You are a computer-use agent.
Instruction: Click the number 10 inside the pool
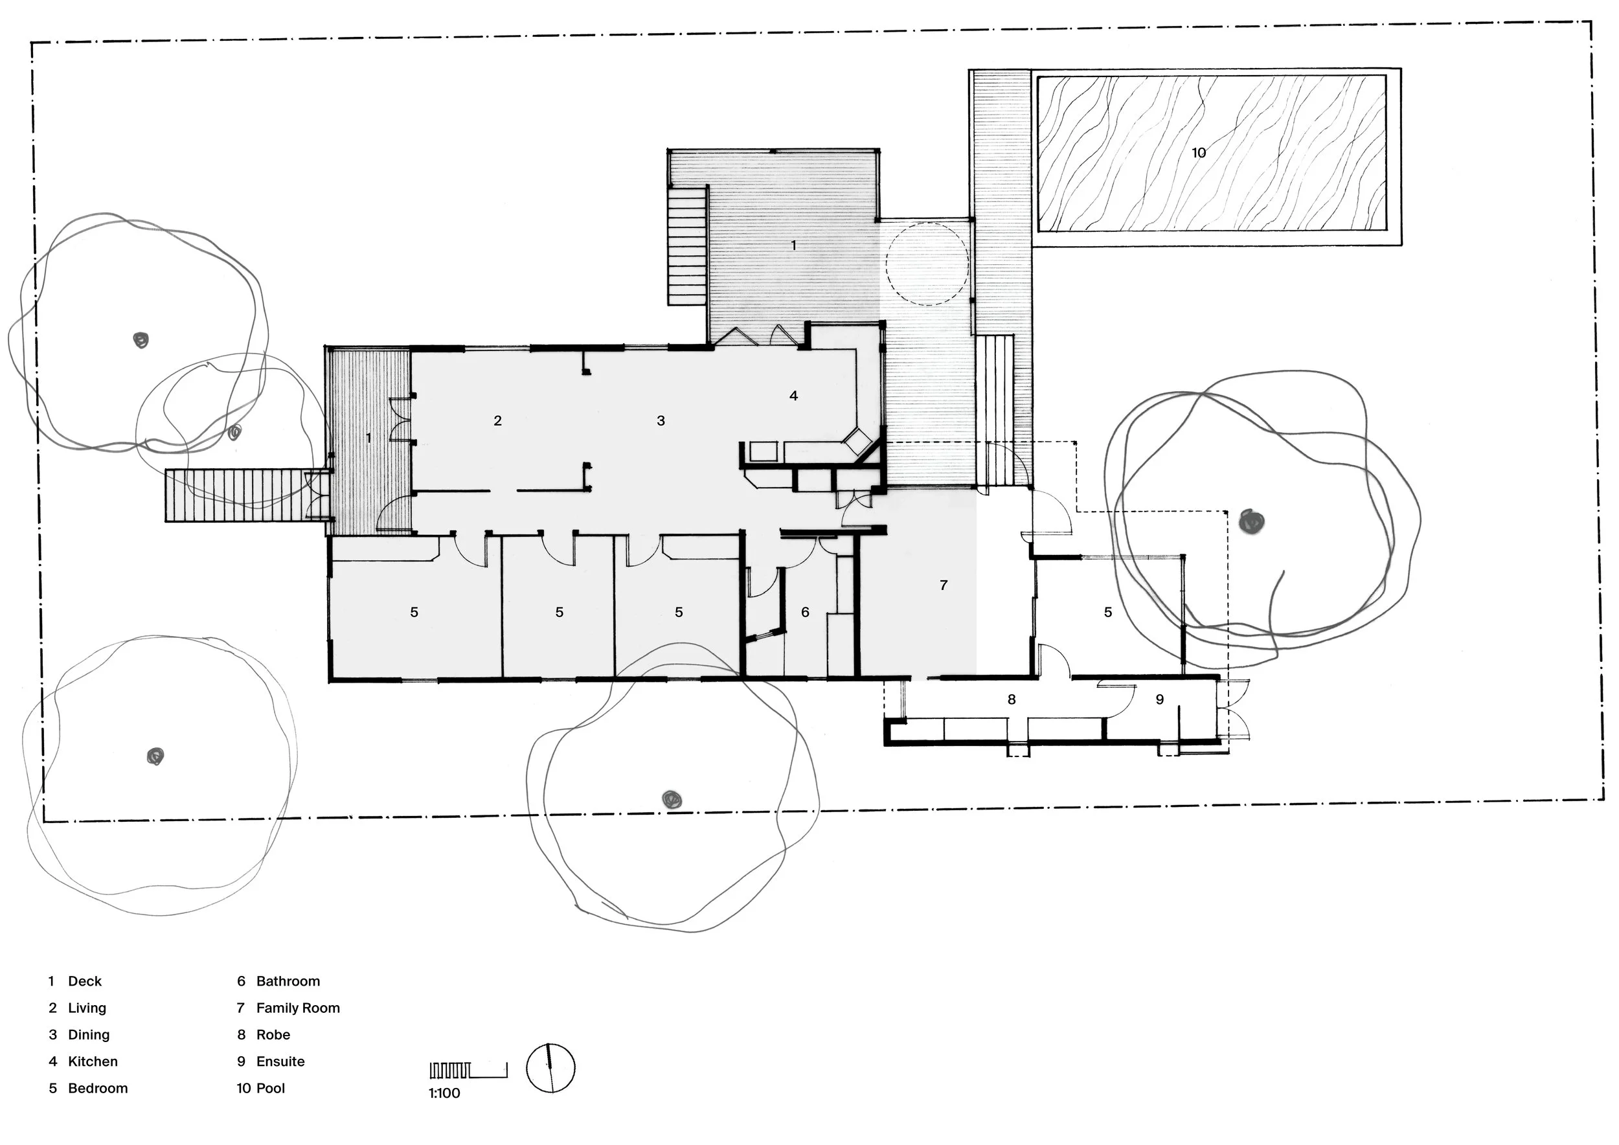1199,152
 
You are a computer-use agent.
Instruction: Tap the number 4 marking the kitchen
793,396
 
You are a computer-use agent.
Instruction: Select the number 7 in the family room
944,585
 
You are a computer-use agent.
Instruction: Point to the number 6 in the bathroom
805,612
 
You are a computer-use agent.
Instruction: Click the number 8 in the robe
1011,699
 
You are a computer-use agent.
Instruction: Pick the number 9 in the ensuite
1159,699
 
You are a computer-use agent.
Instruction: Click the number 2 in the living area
497,421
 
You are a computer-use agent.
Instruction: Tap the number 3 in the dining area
661,421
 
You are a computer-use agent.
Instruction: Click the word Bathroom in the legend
288,981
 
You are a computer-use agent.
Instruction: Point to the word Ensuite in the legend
280,1062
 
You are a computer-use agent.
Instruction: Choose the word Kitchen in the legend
93,1062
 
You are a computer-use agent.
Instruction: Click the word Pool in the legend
271,1089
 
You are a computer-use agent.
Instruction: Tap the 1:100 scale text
444,1094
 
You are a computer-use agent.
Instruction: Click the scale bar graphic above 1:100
468,1071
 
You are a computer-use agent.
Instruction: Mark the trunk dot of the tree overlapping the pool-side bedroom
1252,522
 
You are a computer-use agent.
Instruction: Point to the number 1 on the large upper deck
793,245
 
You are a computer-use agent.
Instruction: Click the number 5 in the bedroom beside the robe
1108,612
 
